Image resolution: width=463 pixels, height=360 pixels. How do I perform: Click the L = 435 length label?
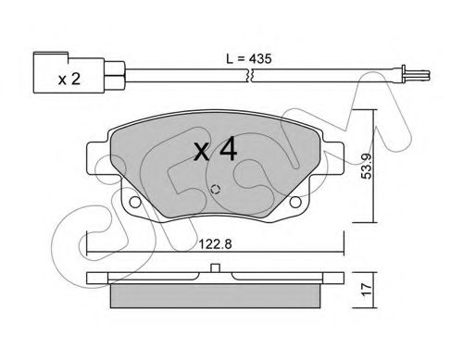(x=249, y=58)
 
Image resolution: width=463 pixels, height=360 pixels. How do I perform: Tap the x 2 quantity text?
(x=69, y=80)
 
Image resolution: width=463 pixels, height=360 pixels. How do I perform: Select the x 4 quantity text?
(x=215, y=150)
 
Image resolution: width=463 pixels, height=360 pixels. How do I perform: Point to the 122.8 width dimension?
(x=215, y=244)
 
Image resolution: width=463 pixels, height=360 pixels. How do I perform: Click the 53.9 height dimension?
(x=367, y=167)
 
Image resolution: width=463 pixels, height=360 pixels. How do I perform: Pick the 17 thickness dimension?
(x=367, y=290)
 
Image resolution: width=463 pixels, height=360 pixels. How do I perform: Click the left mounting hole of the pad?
(x=134, y=202)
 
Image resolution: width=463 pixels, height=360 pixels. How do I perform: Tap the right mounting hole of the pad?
(x=295, y=202)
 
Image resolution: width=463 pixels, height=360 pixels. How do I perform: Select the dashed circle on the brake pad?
(x=215, y=190)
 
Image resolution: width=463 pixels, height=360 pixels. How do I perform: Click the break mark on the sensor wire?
(x=250, y=75)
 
